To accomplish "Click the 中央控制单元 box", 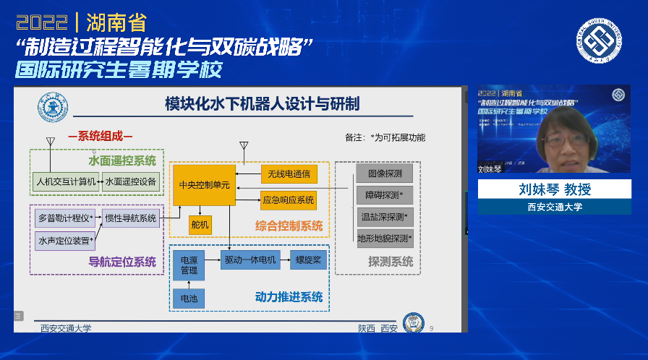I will pyautogui.click(x=204, y=185).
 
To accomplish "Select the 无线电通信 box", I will pyautogui.click(x=288, y=173).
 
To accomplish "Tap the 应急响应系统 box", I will pyautogui.click(x=288, y=200).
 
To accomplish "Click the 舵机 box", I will pyautogui.click(x=200, y=226).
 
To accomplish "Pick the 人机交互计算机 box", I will pyautogui.click(x=65, y=181).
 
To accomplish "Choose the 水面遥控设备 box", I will pyautogui.click(x=131, y=181).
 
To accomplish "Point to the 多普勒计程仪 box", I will pyautogui.click(x=65, y=217).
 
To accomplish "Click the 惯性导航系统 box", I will pyautogui.click(x=131, y=218).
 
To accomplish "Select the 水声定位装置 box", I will pyautogui.click(x=65, y=240).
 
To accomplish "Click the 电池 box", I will pyautogui.click(x=189, y=297).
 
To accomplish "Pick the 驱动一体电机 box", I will pyautogui.click(x=250, y=260).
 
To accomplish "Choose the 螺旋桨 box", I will pyautogui.click(x=309, y=260).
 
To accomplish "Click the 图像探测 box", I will pyautogui.click(x=385, y=173).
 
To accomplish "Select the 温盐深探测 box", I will pyautogui.click(x=385, y=216).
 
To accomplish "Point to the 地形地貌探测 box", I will pyautogui.click(x=385, y=238).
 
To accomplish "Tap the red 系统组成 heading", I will pyautogui.click(x=101, y=136).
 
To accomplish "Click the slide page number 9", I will pyautogui.click(x=432, y=329).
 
